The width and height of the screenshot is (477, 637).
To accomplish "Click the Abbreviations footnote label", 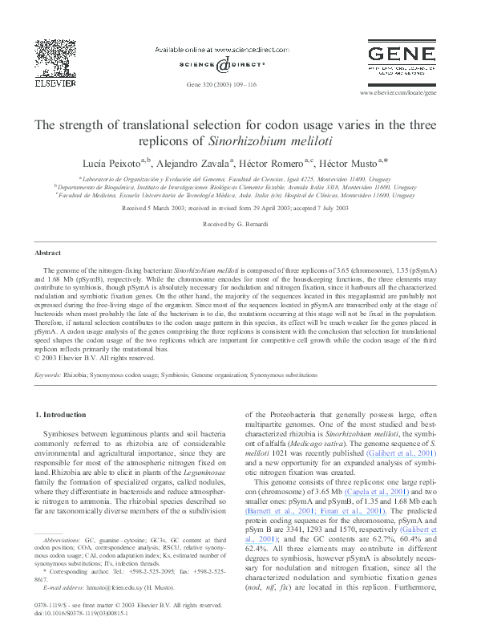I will pyautogui.click(x=63, y=542).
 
